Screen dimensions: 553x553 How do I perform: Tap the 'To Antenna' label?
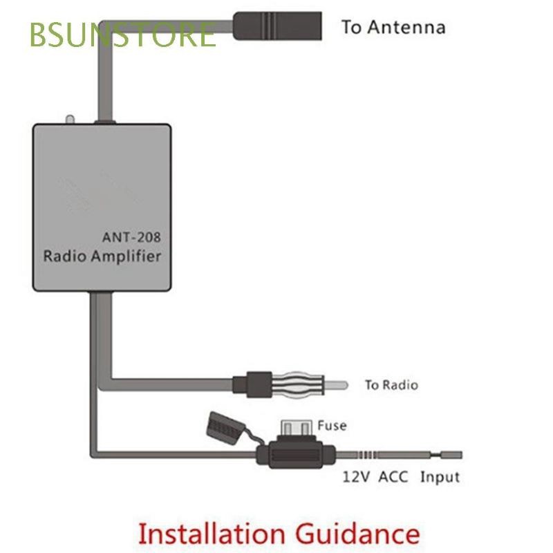coord(393,27)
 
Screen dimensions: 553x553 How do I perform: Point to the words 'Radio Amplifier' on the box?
coord(102,256)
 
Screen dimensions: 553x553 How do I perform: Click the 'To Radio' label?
coord(391,385)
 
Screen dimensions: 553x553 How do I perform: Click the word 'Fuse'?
coord(332,426)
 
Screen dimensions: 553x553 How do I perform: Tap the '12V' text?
coord(357,477)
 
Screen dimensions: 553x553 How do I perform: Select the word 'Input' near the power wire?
coord(440,477)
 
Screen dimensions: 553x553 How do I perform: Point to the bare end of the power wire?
coord(449,454)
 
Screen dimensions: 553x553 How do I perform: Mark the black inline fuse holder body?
coord(297,455)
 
